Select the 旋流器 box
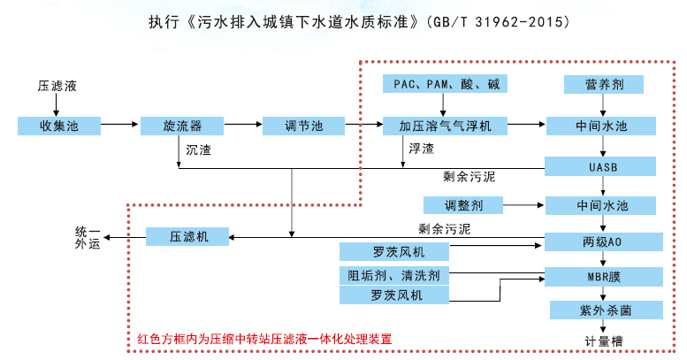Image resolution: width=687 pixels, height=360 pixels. pyautogui.click(x=177, y=126)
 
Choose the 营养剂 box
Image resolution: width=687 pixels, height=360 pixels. pyautogui.click(x=602, y=85)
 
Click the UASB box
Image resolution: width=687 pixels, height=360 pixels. pyautogui.click(x=602, y=166)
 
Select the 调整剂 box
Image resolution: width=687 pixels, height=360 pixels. pyautogui.click(x=463, y=205)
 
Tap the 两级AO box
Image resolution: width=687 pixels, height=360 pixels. pyautogui.click(x=602, y=241)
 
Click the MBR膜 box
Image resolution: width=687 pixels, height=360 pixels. pyautogui.click(x=602, y=275)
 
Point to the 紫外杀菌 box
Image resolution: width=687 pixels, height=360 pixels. pyautogui.click(x=606, y=310)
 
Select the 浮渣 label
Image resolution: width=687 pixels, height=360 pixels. pyautogui.click(x=421, y=148)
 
